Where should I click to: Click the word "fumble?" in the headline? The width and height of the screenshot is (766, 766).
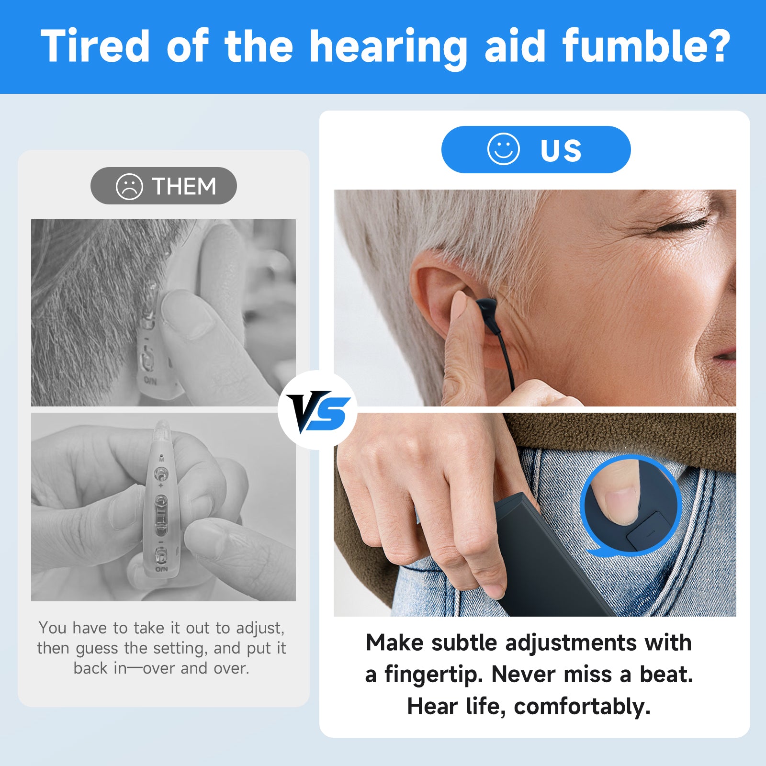point(646,46)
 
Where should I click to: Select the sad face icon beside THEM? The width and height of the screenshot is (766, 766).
point(129,186)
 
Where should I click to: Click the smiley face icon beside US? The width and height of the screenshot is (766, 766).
point(503,149)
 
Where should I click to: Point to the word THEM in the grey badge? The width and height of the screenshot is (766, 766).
point(184,186)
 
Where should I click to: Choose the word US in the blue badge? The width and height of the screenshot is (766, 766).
point(561,150)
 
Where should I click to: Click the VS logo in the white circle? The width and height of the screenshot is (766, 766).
point(317,410)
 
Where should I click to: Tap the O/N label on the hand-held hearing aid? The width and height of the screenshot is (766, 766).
point(161,569)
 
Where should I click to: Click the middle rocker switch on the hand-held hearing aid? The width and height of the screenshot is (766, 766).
point(161,516)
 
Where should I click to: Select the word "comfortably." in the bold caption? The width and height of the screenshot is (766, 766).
point(582,706)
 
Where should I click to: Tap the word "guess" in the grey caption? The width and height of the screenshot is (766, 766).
point(97,648)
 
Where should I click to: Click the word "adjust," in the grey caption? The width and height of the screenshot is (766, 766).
point(260,628)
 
